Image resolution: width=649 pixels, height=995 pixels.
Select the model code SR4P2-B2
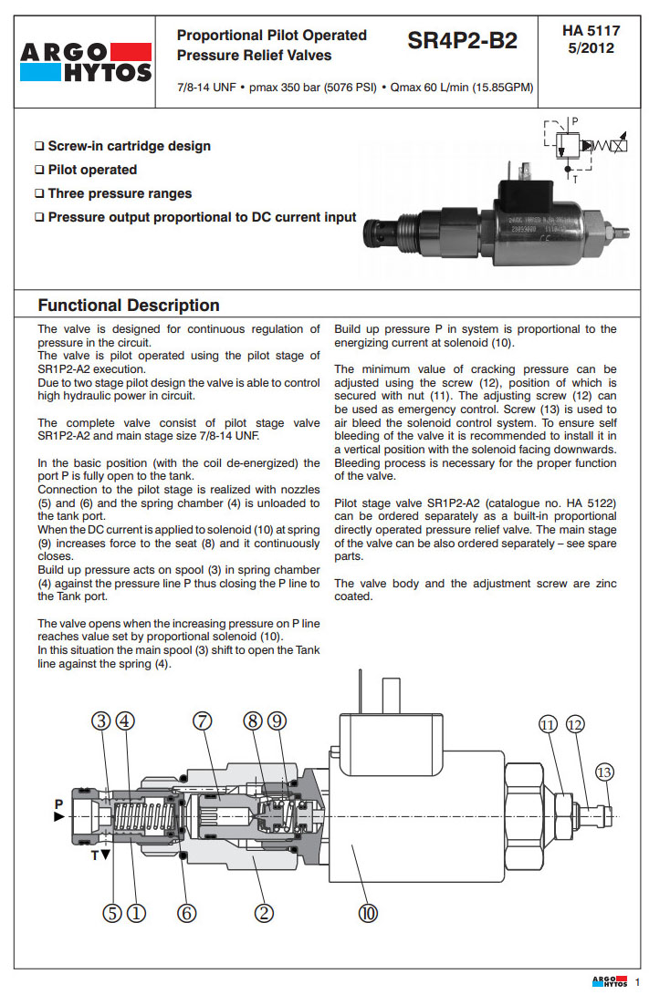click(x=462, y=42)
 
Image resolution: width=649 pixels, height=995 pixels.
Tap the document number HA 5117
click(x=591, y=31)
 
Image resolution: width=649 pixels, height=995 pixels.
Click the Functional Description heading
click(x=129, y=306)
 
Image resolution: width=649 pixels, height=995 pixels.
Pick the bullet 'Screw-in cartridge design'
click(x=129, y=146)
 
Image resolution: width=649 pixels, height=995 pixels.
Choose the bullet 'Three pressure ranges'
click(x=120, y=193)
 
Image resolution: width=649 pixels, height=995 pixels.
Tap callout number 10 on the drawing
click(x=368, y=913)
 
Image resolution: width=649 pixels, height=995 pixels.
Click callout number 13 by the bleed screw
click(x=604, y=772)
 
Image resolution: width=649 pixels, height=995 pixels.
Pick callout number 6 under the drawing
click(x=187, y=913)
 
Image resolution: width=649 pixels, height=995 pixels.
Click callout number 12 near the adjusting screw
click(x=574, y=725)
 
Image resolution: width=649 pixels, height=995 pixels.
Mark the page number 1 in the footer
click(x=637, y=981)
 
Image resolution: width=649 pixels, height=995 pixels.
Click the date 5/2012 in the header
click(x=591, y=48)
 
